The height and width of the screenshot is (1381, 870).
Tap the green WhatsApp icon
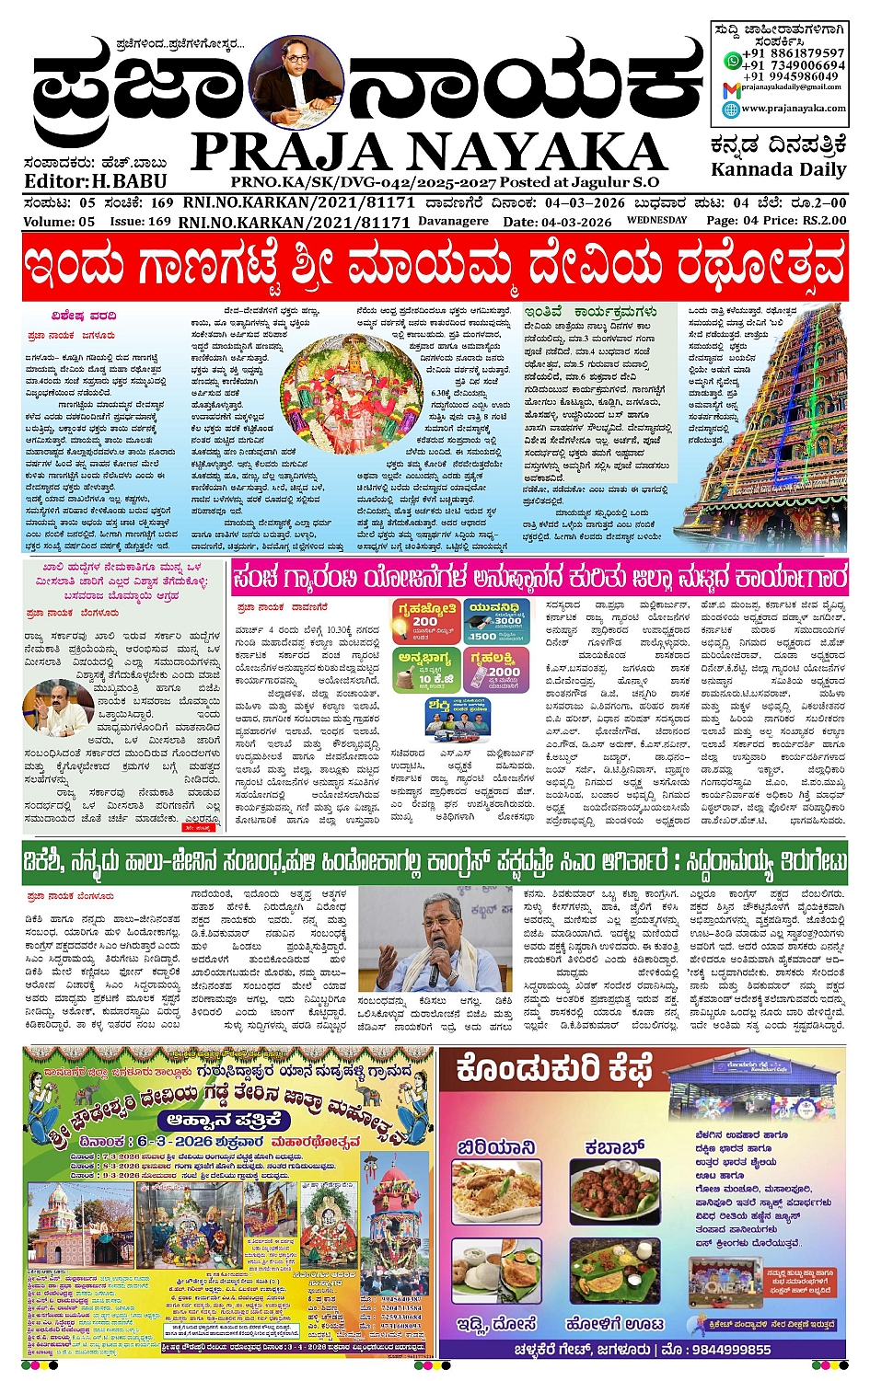point(732,60)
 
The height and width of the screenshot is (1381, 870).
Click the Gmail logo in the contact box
point(731,89)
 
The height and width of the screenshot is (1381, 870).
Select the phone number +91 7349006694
point(795,65)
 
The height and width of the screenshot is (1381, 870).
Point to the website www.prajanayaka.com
point(794,109)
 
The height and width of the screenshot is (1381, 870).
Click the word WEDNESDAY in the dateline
point(656,221)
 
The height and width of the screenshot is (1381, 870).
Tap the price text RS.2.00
point(824,221)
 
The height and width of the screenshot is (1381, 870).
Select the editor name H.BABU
point(130,181)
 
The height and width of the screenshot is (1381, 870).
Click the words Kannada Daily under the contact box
point(778,170)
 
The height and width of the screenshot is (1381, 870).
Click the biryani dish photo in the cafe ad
point(497,1191)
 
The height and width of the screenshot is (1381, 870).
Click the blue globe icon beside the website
point(731,109)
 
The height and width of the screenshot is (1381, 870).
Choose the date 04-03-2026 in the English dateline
point(576,222)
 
